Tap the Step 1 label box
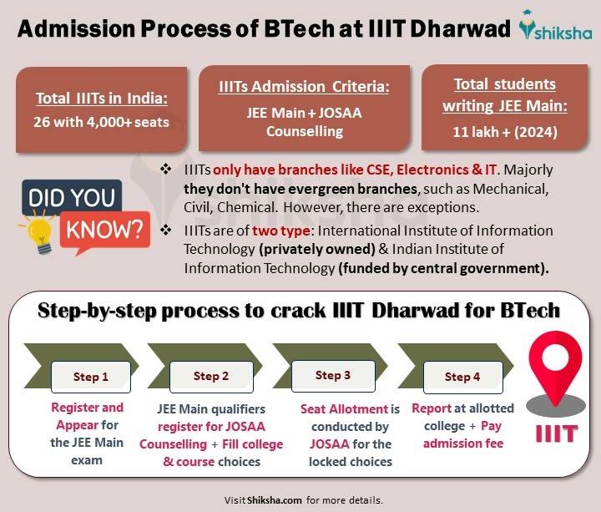point(91,377)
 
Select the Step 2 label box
point(211,376)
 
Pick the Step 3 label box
point(333,375)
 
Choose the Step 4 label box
point(462,377)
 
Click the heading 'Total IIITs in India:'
point(102,99)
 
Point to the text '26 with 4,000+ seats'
point(102,122)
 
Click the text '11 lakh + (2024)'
point(499,131)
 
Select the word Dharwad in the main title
point(463,29)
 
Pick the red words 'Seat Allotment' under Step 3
point(344,408)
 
